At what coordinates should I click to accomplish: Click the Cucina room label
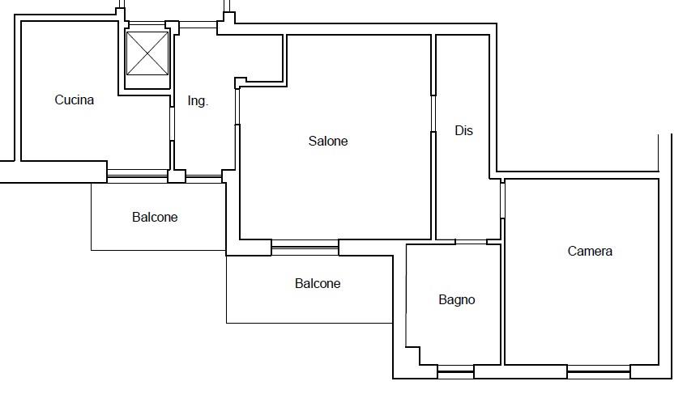[x=74, y=100]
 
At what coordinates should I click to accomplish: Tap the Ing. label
[x=198, y=101]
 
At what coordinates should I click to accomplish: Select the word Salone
[x=328, y=141]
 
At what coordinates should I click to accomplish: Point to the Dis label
[x=463, y=130]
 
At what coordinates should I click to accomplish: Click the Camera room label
[x=590, y=251]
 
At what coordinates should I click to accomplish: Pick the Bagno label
[x=457, y=300]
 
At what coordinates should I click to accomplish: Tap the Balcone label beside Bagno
[x=318, y=284]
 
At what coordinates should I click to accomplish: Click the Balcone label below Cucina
[x=155, y=217]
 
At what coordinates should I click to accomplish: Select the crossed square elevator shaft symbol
[x=147, y=53]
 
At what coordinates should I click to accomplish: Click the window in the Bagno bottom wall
[x=455, y=371]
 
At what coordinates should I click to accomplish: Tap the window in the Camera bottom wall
[x=599, y=371]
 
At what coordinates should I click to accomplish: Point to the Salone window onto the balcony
[x=305, y=248]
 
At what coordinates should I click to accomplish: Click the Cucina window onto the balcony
[x=138, y=176]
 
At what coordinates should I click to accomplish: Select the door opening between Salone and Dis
[x=433, y=113]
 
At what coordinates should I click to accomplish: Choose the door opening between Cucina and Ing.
[x=173, y=124]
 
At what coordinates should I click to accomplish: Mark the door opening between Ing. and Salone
[x=237, y=107]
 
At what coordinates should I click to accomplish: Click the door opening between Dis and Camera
[x=502, y=200]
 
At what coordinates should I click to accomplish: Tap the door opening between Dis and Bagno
[x=471, y=242]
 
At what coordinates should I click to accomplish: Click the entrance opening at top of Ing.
[x=198, y=25]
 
